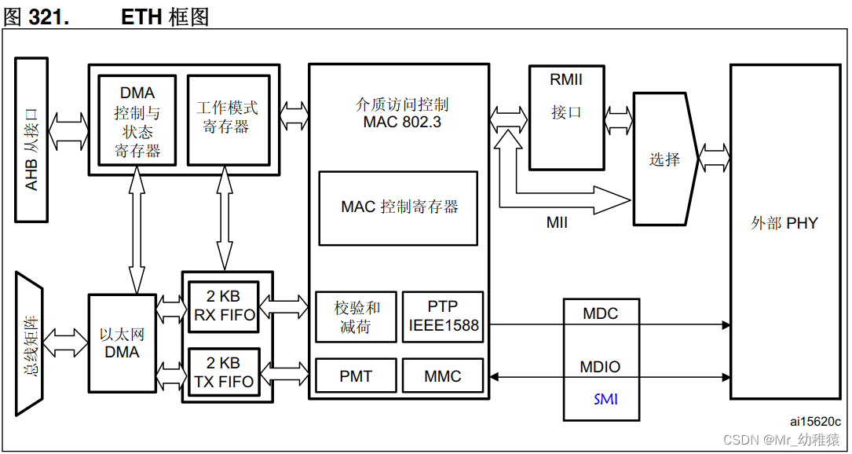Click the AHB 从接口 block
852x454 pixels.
pyautogui.click(x=32, y=140)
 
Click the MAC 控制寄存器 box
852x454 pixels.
pyautogui.click(x=398, y=208)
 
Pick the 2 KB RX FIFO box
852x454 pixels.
pyautogui.click(x=224, y=306)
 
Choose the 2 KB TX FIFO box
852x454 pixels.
pyautogui.click(x=224, y=373)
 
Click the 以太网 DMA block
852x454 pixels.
pyautogui.click(x=122, y=343)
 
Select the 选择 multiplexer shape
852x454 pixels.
pyautogui.click(x=664, y=159)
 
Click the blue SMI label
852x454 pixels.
pyautogui.click(x=605, y=400)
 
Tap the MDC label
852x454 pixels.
pyautogui.click(x=600, y=314)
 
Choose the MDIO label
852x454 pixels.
pyautogui.click(x=600, y=367)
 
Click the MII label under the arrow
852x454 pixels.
pyautogui.click(x=557, y=223)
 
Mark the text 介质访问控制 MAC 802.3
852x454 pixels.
pyautogui.click(x=401, y=113)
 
